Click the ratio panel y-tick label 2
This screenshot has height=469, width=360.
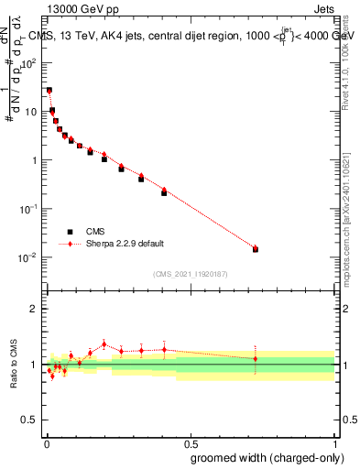(x=33, y=309)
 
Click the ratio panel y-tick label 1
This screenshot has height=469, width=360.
(x=34, y=365)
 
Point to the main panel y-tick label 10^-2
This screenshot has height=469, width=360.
(x=28, y=257)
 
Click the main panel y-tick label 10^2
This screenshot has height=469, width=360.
(x=28, y=63)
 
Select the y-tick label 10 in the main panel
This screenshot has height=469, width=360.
(x=30, y=112)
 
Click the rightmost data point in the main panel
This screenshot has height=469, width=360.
(x=256, y=249)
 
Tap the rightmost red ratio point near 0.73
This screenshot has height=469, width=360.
(x=256, y=358)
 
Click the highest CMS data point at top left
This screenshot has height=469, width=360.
(x=49, y=91)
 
